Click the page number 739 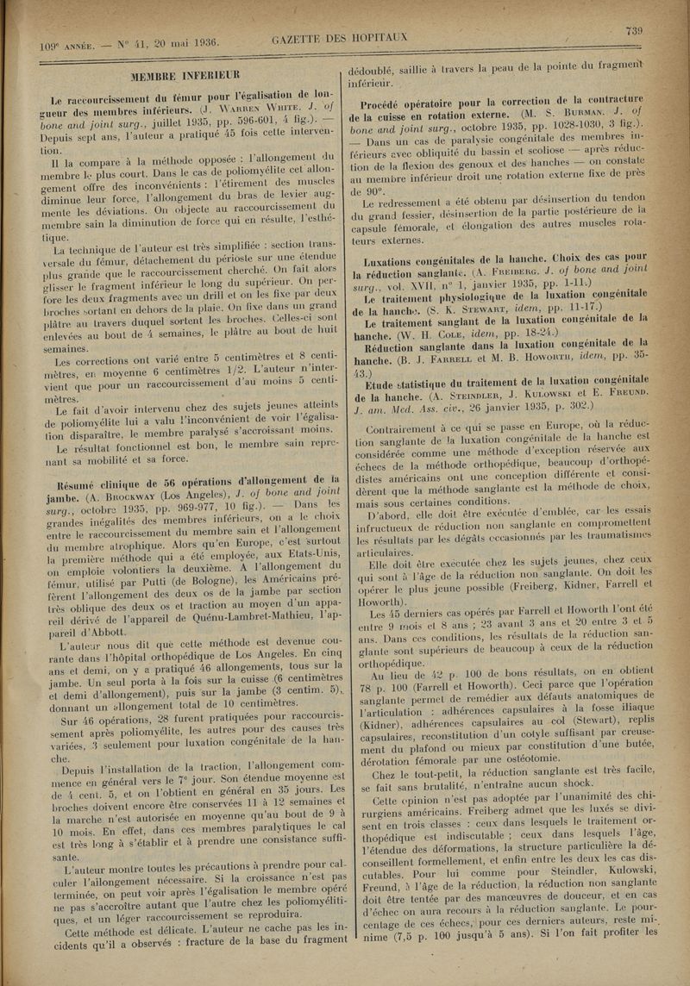tap(637, 32)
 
